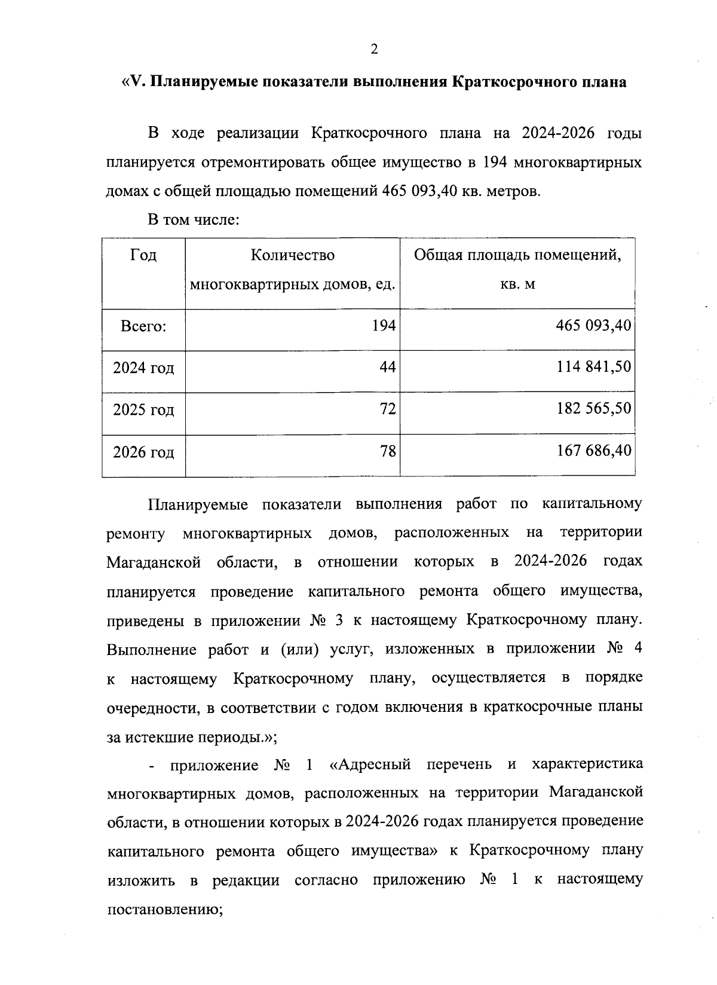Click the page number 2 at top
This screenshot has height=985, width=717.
(x=374, y=50)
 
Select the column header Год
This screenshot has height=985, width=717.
(x=143, y=256)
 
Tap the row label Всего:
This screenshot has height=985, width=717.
(x=143, y=327)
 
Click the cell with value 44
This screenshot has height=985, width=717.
(x=388, y=367)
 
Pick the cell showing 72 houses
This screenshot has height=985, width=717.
(x=388, y=409)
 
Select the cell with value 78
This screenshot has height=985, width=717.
(x=388, y=451)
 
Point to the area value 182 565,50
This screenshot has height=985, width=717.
(x=594, y=409)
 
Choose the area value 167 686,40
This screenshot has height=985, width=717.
(x=594, y=451)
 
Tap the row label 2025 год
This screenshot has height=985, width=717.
(x=143, y=410)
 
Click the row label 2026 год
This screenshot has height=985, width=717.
(x=143, y=452)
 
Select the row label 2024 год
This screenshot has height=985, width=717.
(x=143, y=368)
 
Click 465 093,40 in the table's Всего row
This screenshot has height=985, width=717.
(x=594, y=326)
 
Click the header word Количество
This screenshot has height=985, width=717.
(x=292, y=256)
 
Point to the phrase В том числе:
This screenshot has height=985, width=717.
(x=194, y=221)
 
